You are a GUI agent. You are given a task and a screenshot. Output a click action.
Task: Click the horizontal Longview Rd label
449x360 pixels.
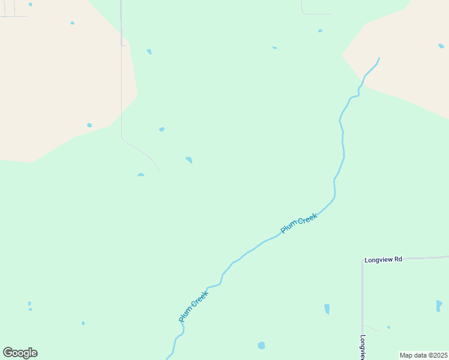click(x=382, y=260)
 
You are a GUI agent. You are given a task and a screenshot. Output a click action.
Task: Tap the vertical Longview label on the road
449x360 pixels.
click(x=363, y=347)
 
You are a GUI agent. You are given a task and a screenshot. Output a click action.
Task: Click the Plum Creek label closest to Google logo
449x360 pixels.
click(x=193, y=307)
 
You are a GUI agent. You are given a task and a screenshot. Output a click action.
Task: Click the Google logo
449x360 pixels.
click(x=20, y=352)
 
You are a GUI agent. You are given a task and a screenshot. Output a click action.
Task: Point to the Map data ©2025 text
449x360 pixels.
click(x=423, y=355)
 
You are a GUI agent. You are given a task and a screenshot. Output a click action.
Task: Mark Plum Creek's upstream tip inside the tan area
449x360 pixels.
click(x=379, y=58)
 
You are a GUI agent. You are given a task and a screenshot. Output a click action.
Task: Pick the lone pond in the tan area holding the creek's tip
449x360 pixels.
click(x=440, y=46)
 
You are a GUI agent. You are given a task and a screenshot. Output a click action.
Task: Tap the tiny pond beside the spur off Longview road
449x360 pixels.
click(x=388, y=327)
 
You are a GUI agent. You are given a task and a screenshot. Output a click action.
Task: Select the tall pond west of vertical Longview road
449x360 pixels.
click(x=327, y=309)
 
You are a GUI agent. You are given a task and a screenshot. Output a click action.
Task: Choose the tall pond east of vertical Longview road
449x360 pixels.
click(x=439, y=305)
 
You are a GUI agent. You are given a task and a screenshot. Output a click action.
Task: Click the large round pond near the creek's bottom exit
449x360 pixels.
click(x=261, y=346)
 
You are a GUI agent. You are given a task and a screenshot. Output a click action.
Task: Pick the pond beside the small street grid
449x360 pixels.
click(x=30, y=4)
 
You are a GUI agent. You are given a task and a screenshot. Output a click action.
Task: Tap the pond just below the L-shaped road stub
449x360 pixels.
click(x=320, y=31)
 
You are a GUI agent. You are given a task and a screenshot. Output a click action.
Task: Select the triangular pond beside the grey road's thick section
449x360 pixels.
click(x=149, y=52)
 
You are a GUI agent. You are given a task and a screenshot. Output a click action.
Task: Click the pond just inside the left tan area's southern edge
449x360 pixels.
click(x=89, y=125)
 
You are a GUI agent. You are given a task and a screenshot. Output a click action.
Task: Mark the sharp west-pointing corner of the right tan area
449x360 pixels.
click(x=343, y=55)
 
